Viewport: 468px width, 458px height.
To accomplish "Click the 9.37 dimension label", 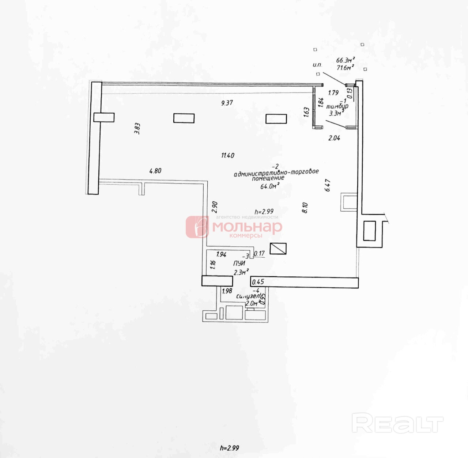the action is click(227, 103).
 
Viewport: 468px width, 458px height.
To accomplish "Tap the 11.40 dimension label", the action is click(227, 155).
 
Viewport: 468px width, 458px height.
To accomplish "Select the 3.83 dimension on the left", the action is click(137, 129).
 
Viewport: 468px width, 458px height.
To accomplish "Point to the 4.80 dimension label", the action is click(155, 170).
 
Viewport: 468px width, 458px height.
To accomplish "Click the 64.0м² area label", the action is click(270, 186).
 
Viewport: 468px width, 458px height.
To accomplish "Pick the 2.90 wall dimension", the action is click(215, 207).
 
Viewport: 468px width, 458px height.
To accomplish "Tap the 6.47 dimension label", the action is click(328, 185).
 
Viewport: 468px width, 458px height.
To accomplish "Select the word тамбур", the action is click(337, 106).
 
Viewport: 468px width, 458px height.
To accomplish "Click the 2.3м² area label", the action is click(241, 272).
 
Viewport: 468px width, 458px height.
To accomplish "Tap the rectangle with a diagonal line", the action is click(278, 249).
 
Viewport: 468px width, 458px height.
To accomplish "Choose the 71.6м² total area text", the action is click(345, 67).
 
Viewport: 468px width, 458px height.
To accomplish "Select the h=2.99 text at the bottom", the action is click(230, 448).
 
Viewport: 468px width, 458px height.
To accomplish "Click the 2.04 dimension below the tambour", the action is click(334, 138).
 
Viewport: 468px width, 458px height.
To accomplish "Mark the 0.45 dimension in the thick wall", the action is click(258, 281).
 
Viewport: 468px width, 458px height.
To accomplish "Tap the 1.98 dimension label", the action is click(227, 291).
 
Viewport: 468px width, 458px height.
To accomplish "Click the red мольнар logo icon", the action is click(197, 227).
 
